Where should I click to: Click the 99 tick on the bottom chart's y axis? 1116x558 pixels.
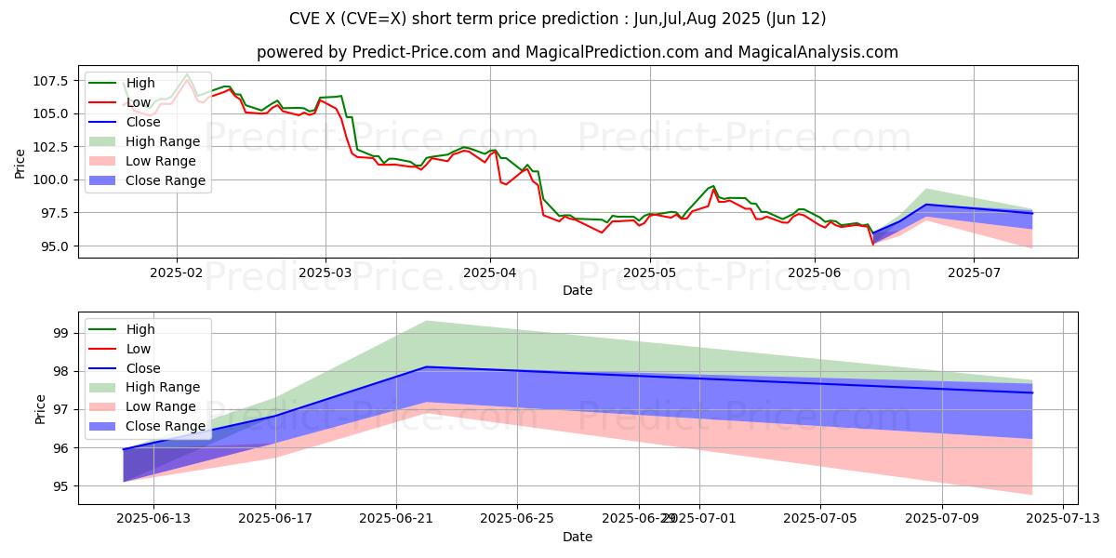(x=60, y=333)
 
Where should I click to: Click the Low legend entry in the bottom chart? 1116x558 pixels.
(x=139, y=349)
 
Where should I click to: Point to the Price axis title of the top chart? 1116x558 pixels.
(x=20, y=164)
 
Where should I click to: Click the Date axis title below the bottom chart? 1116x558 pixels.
(x=578, y=537)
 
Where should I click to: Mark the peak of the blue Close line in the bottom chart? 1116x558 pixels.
(x=426, y=366)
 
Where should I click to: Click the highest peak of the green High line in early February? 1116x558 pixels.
(x=187, y=73)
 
